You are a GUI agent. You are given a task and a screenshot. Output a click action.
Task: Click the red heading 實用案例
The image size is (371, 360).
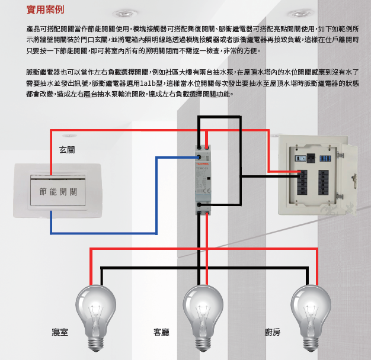(x=45, y=10)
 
